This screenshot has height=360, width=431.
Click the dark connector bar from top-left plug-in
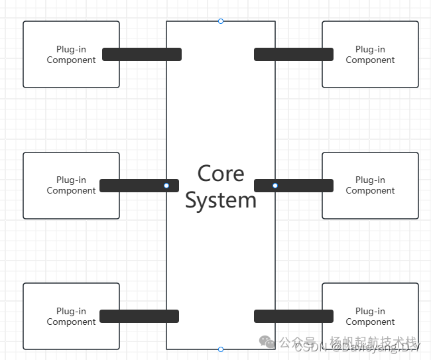(142, 54)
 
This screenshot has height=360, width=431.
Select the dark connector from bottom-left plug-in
(139, 316)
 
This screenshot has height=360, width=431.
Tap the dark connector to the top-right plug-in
(294, 54)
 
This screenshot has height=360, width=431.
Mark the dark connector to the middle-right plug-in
(298, 186)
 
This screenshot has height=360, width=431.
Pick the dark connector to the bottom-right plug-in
(294, 316)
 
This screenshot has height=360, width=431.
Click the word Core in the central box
(221, 174)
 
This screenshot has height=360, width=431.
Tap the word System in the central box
(221, 200)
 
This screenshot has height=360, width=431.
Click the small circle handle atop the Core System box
(221, 21)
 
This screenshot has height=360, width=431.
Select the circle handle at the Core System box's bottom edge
(221, 349)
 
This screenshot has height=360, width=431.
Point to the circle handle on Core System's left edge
(166, 186)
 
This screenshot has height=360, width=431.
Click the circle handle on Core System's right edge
(275, 186)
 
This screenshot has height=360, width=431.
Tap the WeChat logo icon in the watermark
(267, 342)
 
